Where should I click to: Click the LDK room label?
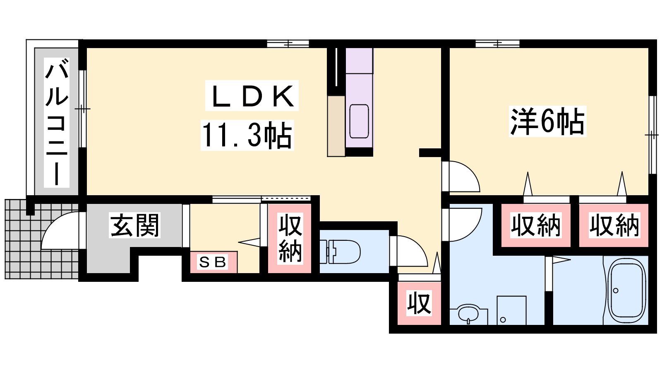click(252, 96)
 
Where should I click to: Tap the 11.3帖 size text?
click(247, 135)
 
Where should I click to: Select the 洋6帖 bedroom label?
click(547, 121)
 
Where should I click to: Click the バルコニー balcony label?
click(56, 123)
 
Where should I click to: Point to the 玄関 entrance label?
click(135, 225)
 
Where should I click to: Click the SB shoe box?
click(213, 262)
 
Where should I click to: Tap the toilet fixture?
click(340, 252)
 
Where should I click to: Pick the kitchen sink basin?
click(359, 121)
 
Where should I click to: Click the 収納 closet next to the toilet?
click(290, 238)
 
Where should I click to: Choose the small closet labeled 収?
click(420, 303)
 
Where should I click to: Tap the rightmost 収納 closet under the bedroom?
click(614, 225)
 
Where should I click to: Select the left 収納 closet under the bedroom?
click(536, 225)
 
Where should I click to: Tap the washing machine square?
click(511, 310)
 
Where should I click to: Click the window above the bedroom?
click(497, 44)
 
